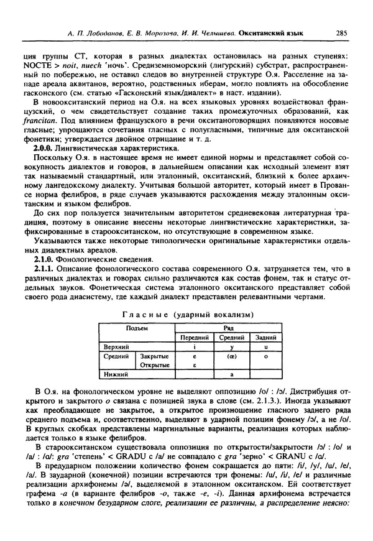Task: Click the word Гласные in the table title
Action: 144,315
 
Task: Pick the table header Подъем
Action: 137,328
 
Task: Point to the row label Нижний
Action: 116,375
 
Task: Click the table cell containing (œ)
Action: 232,357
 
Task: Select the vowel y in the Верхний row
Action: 232,346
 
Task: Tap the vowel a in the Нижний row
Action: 232,375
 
